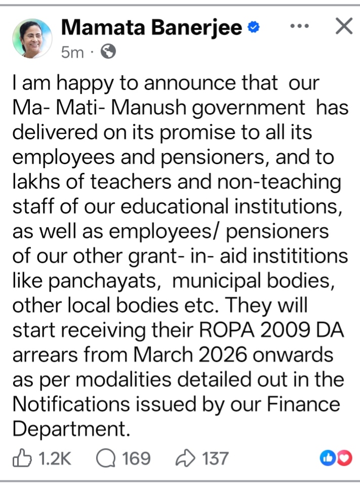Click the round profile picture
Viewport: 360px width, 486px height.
coord(32,39)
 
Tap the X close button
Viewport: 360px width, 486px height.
coord(344,26)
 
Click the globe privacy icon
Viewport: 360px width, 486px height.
coord(109,52)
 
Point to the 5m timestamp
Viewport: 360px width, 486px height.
coord(72,52)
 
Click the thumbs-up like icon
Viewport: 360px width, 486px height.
coord(22,458)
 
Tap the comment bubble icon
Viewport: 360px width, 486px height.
coord(106,458)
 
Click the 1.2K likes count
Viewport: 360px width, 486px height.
coord(55,458)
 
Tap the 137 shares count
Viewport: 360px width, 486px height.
coord(215,458)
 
